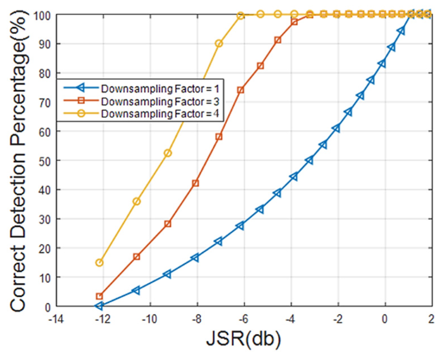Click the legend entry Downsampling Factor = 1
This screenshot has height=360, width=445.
click(x=160, y=89)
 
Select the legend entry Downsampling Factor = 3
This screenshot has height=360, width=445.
click(x=160, y=102)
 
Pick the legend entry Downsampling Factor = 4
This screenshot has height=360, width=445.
click(x=160, y=114)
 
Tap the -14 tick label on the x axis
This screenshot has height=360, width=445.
click(x=56, y=319)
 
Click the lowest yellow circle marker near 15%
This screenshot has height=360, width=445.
click(x=99, y=263)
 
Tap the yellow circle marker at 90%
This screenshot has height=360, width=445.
click(x=219, y=44)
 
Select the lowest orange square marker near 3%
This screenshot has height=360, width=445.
click(x=99, y=296)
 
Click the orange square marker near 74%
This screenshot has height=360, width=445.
click(x=240, y=90)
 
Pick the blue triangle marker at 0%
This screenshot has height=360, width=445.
click(x=99, y=306)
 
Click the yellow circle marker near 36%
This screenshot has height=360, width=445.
click(x=137, y=201)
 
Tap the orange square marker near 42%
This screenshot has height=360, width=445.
click(x=196, y=183)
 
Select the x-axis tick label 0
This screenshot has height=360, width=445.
click(x=384, y=319)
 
